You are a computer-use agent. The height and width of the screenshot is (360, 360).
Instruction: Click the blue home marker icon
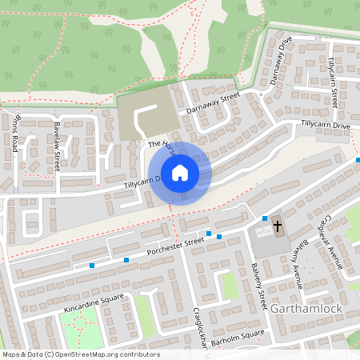tap(180, 173)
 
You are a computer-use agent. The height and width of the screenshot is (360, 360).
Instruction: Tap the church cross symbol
tap(278, 226)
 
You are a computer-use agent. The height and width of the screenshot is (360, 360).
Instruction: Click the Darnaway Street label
tap(213, 103)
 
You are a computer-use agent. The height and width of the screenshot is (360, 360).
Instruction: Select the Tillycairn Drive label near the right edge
tap(326, 126)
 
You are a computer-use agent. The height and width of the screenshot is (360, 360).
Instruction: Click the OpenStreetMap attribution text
tap(80, 354)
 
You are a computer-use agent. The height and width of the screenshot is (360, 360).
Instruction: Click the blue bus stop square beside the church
tap(265, 218)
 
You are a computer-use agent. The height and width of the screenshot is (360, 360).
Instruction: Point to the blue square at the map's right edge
tap(358, 159)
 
